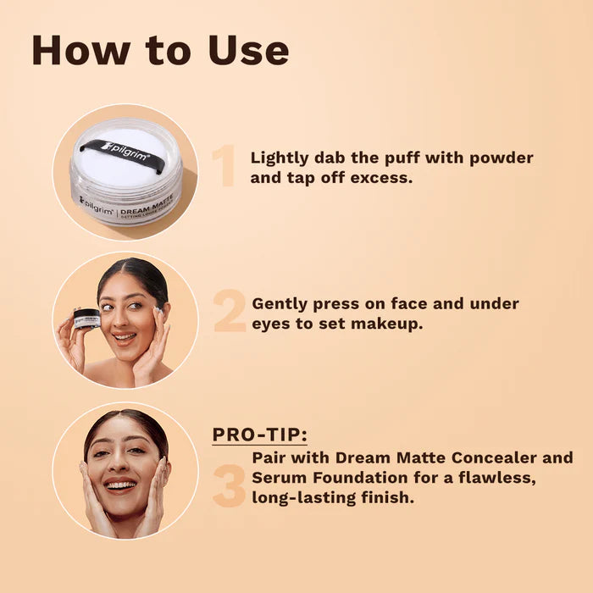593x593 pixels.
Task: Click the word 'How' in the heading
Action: [74, 50]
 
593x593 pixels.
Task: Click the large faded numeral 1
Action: [224, 166]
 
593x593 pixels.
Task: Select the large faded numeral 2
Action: [229, 313]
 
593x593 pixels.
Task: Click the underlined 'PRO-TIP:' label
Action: [259, 435]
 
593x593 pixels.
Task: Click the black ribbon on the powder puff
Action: [126, 152]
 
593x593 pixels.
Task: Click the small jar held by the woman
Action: [86, 319]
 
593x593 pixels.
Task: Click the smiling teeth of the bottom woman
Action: [120, 486]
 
